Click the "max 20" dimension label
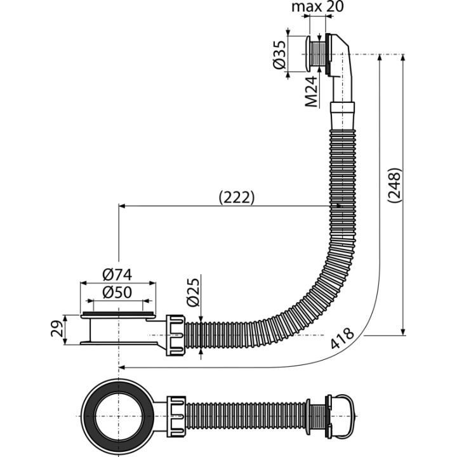tap(317, 7)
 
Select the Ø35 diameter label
tap(279, 55)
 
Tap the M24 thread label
tap(311, 91)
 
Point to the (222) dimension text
tap(237, 197)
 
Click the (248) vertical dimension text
tap(395, 185)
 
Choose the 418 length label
tap(342, 338)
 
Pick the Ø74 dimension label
tap(117, 275)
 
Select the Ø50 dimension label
tap(117, 293)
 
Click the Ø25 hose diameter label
tap(194, 293)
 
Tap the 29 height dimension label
tap(57, 329)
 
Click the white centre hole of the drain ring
tap(119, 416)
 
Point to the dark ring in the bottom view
tap(87, 416)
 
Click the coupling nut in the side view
tap(175, 335)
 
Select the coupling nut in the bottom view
tap(176, 416)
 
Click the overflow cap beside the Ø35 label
tap(307, 53)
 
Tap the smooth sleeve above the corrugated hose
tap(343, 116)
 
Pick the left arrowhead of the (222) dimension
tap(122, 206)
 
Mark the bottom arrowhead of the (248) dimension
tap(403, 332)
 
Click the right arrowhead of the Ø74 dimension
tap(152, 282)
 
